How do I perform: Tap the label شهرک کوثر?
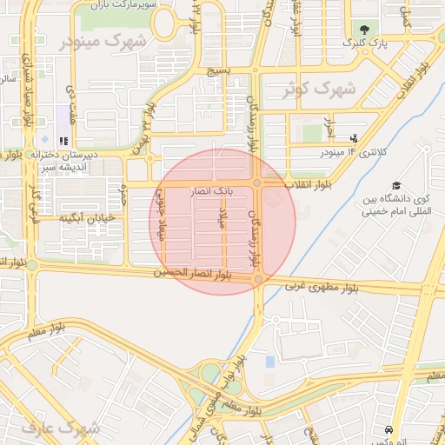321,89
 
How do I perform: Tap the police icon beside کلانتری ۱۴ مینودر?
354,137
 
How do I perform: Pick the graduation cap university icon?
396,185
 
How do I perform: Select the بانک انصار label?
211,189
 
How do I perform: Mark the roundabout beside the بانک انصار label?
258,183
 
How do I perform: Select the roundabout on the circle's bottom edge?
259,279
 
